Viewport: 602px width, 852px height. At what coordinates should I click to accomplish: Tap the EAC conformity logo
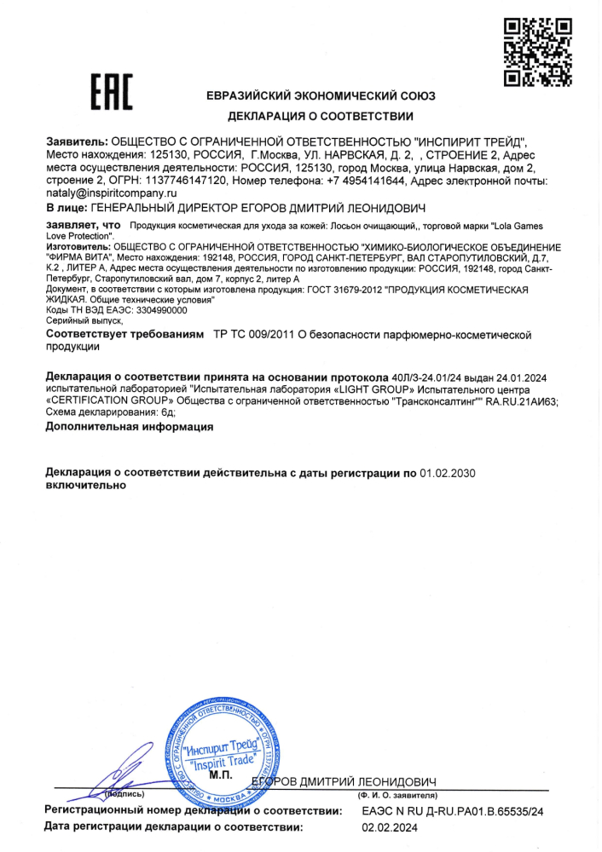[112, 92]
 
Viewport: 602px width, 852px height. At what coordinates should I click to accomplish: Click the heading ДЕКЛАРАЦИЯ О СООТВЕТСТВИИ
[321, 116]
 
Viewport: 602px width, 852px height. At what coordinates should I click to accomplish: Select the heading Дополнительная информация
[129, 425]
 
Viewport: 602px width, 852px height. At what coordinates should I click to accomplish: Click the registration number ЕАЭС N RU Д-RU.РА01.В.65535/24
[452, 811]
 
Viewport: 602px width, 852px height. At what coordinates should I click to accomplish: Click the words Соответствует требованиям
[124, 336]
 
